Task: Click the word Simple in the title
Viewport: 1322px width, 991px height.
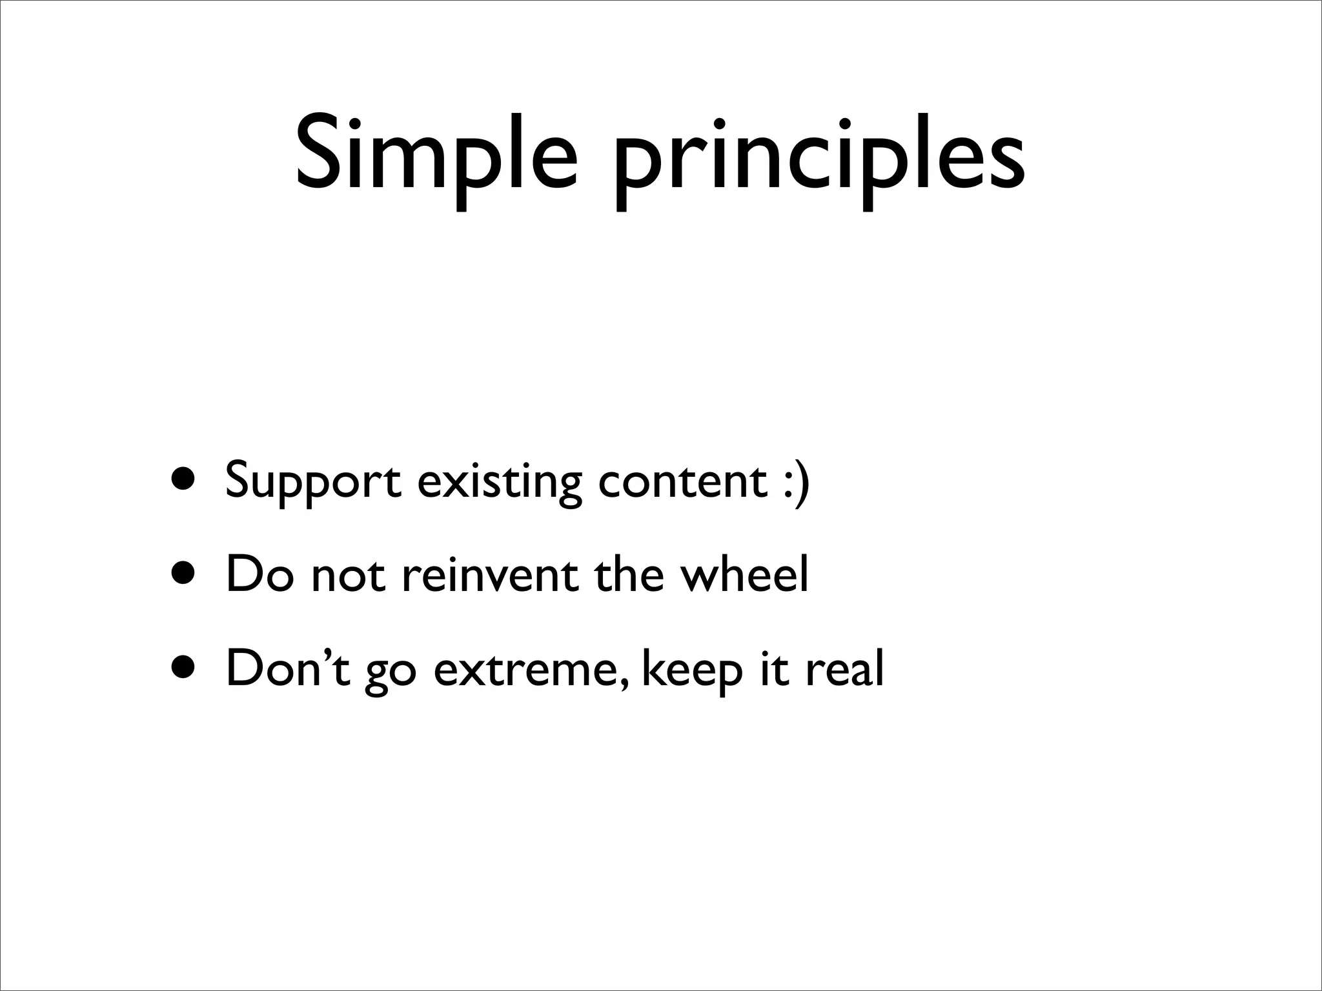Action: (x=436, y=155)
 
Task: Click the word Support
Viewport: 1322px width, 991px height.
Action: (x=312, y=481)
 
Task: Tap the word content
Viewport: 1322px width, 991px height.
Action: (x=682, y=481)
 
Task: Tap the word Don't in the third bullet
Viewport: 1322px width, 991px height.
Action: (x=288, y=668)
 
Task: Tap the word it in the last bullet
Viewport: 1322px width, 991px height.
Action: (x=775, y=668)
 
